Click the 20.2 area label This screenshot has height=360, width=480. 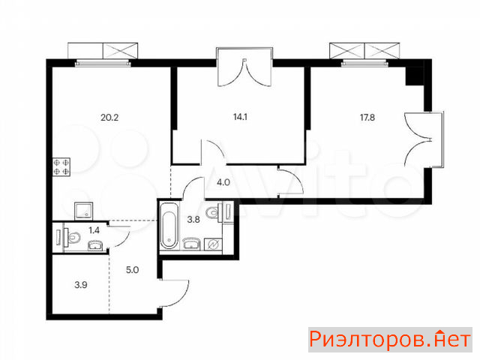click(109, 118)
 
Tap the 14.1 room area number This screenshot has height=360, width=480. click(240, 117)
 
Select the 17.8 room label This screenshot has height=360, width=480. click(367, 118)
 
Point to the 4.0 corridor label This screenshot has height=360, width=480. click(223, 182)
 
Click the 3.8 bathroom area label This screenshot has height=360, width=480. click(193, 220)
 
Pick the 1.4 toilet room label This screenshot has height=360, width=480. click(94, 230)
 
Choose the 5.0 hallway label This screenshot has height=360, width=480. click(132, 270)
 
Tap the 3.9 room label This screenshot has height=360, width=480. click(81, 285)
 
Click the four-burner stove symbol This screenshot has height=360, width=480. click(61, 166)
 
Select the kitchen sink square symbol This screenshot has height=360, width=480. click(83, 211)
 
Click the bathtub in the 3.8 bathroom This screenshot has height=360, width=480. click(169, 225)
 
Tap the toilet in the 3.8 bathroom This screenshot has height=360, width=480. click(213, 211)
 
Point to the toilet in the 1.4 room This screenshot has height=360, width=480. click(73, 237)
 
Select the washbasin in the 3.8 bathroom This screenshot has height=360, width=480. click(191, 244)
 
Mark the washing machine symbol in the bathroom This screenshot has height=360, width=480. click(213, 244)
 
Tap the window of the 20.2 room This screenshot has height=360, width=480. click(103, 64)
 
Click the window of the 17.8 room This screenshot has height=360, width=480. click(364, 64)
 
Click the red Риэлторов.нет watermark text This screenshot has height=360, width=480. click(390, 340)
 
